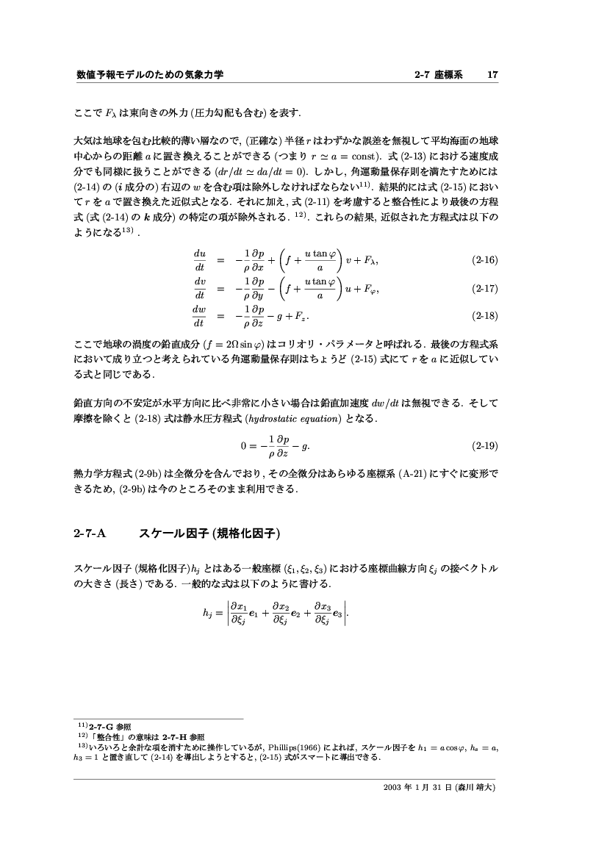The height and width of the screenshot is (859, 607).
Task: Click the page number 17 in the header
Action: pyautogui.click(x=493, y=74)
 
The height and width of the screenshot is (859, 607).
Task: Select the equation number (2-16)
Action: pyautogui.click(x=484, y=260)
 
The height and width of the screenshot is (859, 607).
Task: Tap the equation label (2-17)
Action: pyautogui.click(x=484, y=289)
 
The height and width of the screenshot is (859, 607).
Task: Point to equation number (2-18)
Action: pyautogui.click(x=484, y=317)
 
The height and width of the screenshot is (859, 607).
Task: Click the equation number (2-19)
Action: pyautogui.click(x=484, y=445)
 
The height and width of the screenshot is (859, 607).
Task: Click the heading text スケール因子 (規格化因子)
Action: pyautogui.click(x=211, y=533)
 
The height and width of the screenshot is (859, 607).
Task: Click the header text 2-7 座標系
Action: pyautogui.click(x=439, y=74)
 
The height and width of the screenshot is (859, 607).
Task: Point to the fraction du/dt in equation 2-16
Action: pyautogui.click(x=199, y=260)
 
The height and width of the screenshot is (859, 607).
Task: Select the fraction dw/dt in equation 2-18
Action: pyautogui.click(x=199, y=317)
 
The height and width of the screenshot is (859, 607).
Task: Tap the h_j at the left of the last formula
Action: pyautogui.click(x=207, y=618)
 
